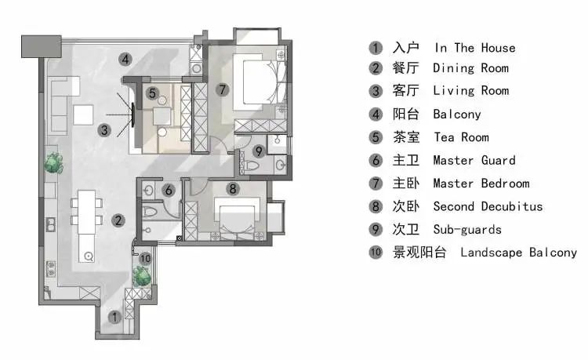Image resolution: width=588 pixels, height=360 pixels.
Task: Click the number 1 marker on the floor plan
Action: (x=114, y=318)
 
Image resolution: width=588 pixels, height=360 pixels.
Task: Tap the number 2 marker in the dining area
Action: (x=117, y=220)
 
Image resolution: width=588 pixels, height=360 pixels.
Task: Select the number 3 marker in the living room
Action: (x=103, y=131)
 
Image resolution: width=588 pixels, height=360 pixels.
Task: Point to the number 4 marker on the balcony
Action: (x=125, y=57)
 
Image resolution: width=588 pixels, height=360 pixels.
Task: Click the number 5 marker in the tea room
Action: (x=153, y=93)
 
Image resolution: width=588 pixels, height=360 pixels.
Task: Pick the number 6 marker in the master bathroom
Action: (x=168, y=190)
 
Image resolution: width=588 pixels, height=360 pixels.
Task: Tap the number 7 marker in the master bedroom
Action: (x=223, y=89)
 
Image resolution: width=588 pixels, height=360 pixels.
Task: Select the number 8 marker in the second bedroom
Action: (x=232, y=188)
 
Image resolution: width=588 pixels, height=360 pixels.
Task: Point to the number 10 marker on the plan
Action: (x=145, y=258)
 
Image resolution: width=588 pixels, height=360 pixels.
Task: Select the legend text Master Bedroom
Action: (x=481, y=184)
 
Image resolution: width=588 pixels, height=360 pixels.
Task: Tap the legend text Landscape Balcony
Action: (x=518, y=253)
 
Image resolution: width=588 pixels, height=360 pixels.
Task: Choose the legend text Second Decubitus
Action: (x=488, y=206)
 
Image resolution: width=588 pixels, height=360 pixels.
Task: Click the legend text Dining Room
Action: (x=470, y=68)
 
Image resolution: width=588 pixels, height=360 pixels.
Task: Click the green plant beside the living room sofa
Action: (x=53, y=163)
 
